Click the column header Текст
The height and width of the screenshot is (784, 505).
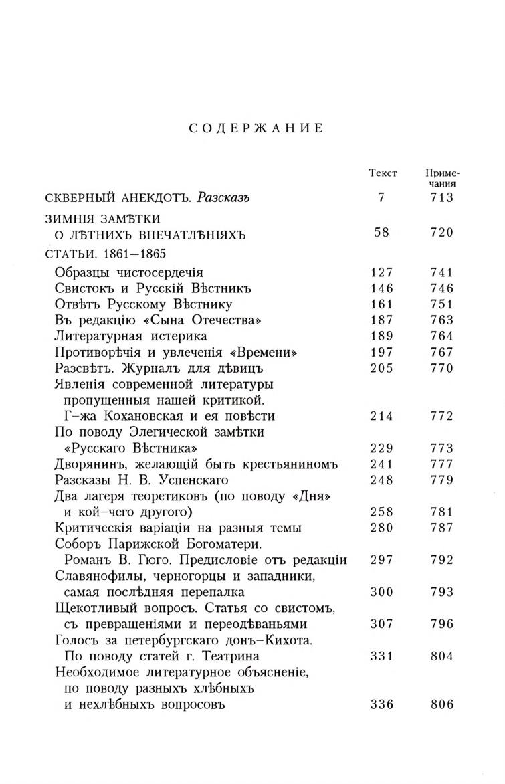coord(383,173)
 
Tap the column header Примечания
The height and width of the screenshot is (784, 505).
coord(442,178)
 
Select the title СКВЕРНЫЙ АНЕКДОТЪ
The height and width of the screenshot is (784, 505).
coord(118,197)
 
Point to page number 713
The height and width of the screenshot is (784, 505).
coord(442,197)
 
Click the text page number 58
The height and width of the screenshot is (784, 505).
coord(383,233)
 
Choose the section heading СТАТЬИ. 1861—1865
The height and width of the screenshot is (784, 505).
coord(105,254)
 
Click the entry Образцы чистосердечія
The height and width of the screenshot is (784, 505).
coord(128,272)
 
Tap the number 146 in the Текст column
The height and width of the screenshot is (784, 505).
coord(383,288)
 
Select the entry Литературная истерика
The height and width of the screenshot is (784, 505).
coord(130,336)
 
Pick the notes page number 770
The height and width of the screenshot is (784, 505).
coord(442,368)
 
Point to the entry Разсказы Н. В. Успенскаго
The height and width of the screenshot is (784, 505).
coord(142,480)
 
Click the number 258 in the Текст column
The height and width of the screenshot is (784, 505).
coord(383,512)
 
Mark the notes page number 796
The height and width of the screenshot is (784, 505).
coord(442,624)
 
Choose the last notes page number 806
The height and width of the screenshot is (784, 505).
coord(442,704)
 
